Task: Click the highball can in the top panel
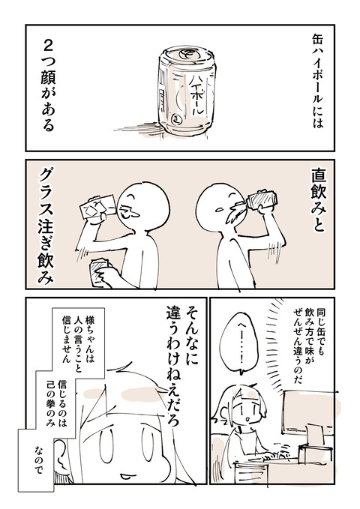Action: pyautogui.click(x=187, y=91)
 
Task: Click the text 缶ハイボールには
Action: pyautogui.click(x=317, y=82)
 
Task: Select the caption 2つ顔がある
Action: pyautogui.click(x=48, y=86)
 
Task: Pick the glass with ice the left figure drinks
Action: pyautogui.click(x=97, y=208)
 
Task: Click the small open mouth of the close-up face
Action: pyautogui.click(x=124, y=476)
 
